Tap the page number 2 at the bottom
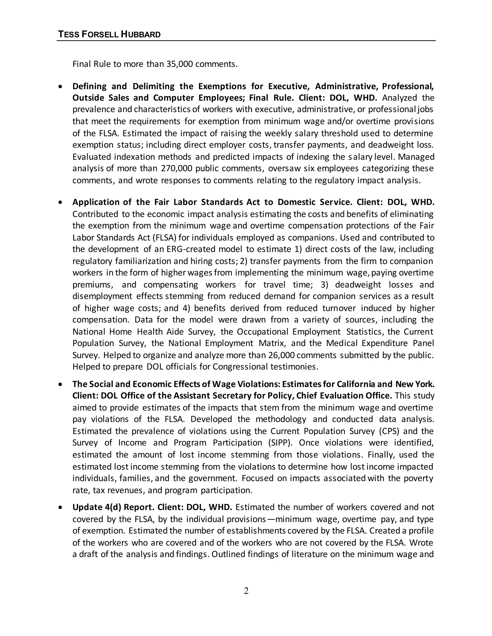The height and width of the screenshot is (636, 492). click(x=246, y=591)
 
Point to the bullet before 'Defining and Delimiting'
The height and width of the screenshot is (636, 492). click(x=60, y=86)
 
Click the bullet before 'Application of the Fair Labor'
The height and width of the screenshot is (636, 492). click(x=60, y=202)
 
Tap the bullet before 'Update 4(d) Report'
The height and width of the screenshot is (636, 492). click(x=60, y=508)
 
